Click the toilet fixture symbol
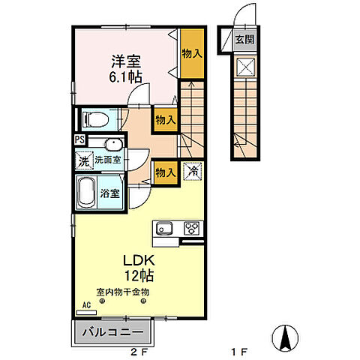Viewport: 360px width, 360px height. click(x=96, y=120)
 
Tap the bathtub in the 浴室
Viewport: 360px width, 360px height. click(x=85, y=193)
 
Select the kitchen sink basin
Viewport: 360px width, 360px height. click(x=164, y=228)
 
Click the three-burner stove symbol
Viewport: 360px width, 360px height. click(x=192, y=228)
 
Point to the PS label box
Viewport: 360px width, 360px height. click(x=79, y=139)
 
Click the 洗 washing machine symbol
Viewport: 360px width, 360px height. click(x=84, y=160)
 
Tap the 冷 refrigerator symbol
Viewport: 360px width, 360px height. click(x=193, y=171)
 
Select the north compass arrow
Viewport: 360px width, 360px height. click(x=285, y=338)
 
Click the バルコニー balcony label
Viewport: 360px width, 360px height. click(x=113, y=332)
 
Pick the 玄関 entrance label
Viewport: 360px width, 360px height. click(x=244, y=40)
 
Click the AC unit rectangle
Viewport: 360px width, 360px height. click(x=86, y=313)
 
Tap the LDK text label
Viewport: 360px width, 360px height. click(x=139, y=260)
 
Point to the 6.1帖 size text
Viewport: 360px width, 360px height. click(x=125, y=77)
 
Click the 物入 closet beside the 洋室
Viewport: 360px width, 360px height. click(x=192, y=53)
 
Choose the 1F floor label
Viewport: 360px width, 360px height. click(x=239, y=352)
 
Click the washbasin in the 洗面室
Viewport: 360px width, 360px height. click(x=114, y=144)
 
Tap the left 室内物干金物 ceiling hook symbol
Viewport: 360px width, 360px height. click(x=102, y=301)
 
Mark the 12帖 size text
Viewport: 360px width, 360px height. click(x=139, y=276)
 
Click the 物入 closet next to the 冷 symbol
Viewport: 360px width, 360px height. click(x=165, y=173)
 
